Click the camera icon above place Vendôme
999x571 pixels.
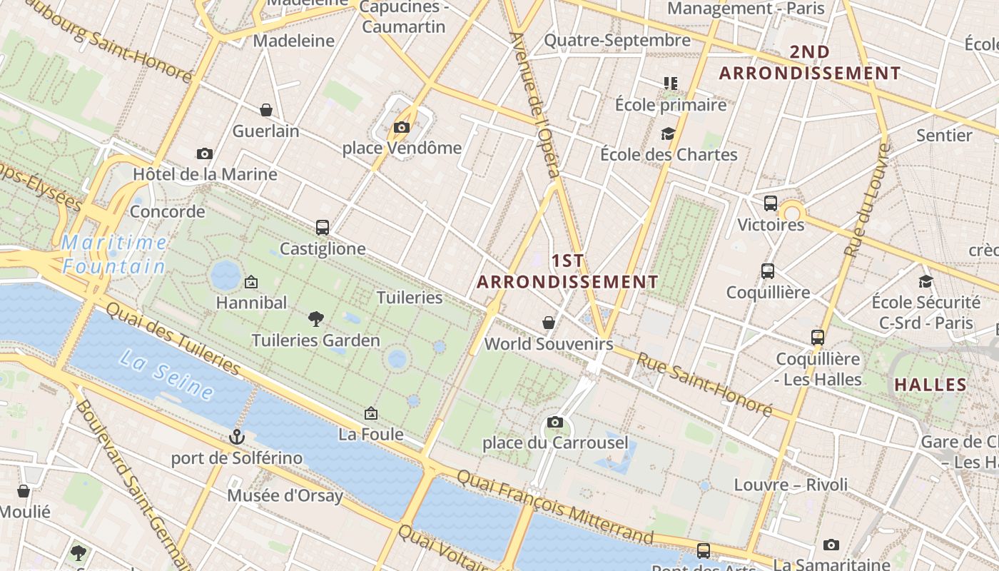pos(402,128)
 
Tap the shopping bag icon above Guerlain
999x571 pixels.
pos(266,110)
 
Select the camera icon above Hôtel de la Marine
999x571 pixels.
pos(205,153)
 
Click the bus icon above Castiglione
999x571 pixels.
pos(323,228)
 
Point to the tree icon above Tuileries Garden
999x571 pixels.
pos(315,319)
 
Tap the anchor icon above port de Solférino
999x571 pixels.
pos(236,437)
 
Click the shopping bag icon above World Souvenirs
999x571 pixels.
pos(549,323)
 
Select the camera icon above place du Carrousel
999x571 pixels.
pos(555,422)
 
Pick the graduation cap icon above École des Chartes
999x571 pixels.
pos(668,133)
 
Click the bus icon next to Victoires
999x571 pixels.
pos(771,203)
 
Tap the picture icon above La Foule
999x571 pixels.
pos(371,413)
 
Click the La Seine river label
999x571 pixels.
pos(167,374)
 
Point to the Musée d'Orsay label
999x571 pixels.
pos(285,495)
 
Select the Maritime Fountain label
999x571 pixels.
pos(114,255)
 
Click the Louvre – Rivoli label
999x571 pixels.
pos(791,485)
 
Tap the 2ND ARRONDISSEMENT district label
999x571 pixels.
pos(810,63)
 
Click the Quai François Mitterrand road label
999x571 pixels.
pos(554,506)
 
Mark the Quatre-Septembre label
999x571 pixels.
pos(617,40)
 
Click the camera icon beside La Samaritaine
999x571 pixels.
pos(831,545)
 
